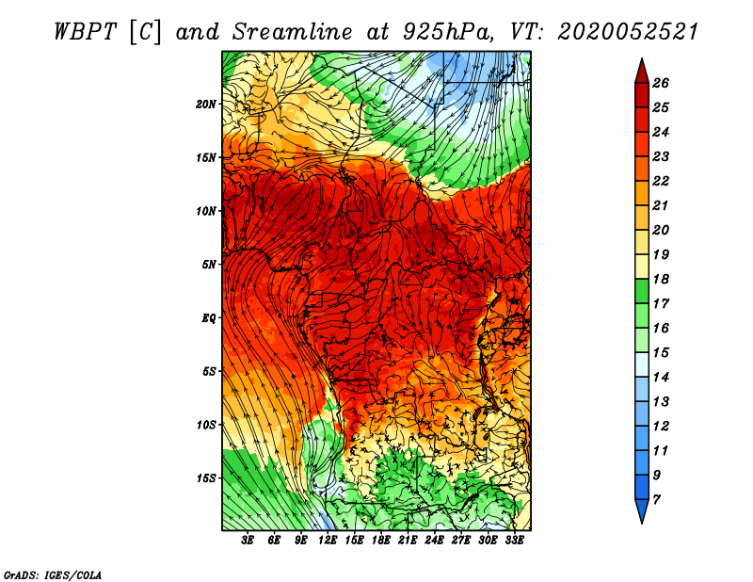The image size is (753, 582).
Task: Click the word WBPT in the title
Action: click(85, 32)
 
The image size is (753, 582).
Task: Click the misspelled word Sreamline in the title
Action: click(293, 32)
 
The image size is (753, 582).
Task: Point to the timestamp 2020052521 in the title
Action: click(628, 32)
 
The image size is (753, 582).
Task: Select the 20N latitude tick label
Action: click(206, 105)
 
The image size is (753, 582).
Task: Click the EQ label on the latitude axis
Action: click(209, 318)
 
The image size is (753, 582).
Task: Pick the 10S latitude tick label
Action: click(206, 425)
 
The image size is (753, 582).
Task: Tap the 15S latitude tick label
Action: click(206, 478)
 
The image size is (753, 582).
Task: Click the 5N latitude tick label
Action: click(209, 265)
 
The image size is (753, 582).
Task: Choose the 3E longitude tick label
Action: click(248, 541)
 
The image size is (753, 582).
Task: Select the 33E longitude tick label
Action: click(514, 541)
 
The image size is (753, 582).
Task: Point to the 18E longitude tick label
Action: click(381, 541)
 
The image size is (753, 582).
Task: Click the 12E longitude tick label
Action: click(328, 541)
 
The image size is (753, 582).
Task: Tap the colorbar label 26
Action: click(661, 83)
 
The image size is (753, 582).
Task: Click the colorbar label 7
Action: click(656, 499)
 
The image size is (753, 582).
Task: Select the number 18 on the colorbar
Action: click(661, 279)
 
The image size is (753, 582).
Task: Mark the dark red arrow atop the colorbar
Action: click(642, 71)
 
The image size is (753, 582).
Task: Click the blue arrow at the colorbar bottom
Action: click(642, 510)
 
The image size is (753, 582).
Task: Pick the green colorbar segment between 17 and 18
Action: click(642, 291)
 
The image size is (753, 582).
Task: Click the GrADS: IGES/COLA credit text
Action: click(53, 574)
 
